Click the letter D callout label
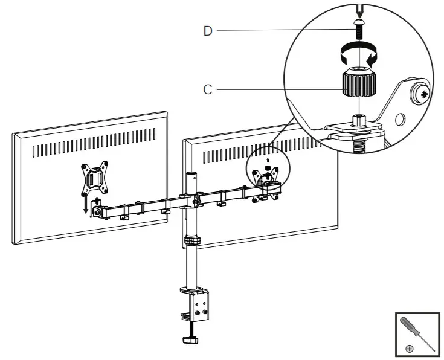point(208,31)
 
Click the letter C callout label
point(208,89)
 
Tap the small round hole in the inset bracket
point(399,118)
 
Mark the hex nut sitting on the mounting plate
point(359,121)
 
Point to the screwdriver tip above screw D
point(359,11)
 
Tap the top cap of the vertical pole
point(191,176)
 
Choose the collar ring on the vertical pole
point(191,241)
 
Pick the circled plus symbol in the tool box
point(410,349)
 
